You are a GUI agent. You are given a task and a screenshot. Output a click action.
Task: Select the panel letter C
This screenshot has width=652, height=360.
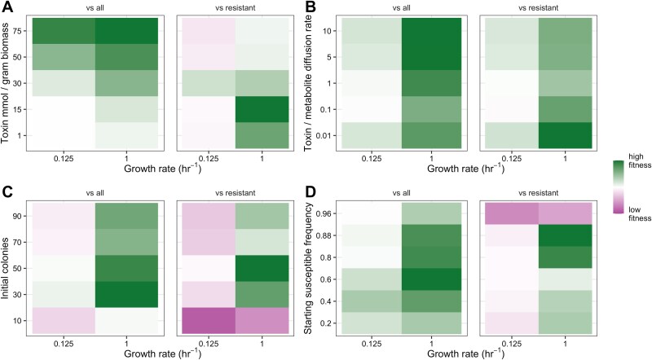[x=7, y=193]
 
